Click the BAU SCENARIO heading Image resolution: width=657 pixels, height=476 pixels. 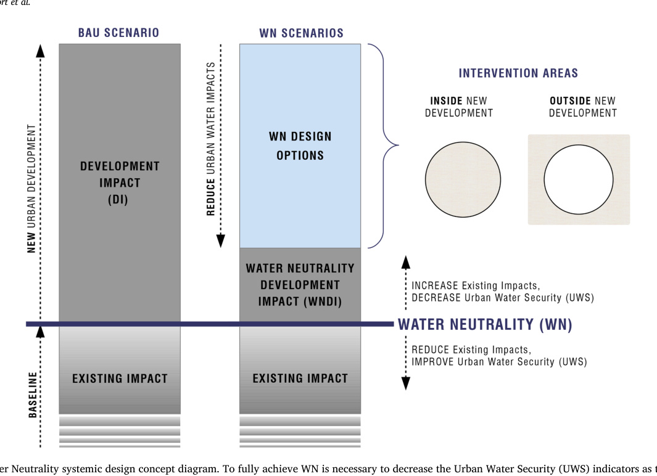(x=118, y=33)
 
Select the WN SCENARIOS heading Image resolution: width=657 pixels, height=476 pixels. (x=301, y=33)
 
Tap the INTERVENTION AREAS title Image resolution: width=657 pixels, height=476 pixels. (x=518, y=73)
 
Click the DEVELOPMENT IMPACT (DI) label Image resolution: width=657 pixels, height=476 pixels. (x=120, y=183)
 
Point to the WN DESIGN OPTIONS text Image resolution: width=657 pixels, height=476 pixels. (x=300, y=146)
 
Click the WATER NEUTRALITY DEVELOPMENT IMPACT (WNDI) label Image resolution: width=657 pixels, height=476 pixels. (x=300, y=285)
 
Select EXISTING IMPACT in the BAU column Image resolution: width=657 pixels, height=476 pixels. (x=120, y=379)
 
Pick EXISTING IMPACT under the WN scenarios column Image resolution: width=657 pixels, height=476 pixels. (x=300, y=379)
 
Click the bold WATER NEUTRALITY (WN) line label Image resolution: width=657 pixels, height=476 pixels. (x=485, y=324)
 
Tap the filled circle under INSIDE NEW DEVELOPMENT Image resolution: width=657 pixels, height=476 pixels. (x=463, y=179)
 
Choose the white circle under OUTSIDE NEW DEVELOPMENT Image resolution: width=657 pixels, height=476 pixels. (x=579, y=179)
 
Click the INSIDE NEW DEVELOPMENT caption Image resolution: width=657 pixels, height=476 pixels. (x=459, y=107)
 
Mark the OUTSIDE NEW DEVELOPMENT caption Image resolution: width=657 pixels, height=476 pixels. (x=583, y=107)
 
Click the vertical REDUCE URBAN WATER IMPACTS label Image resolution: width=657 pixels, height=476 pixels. (x=210, y=139)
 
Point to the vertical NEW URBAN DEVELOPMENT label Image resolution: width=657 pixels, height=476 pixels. (x=31, y=189)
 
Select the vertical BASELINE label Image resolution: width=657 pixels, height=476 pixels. (x=33, y=395)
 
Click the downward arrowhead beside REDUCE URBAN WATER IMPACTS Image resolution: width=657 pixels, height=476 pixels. (x=220, y=240)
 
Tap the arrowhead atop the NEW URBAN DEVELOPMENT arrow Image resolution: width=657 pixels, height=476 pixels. (x=40, y=51)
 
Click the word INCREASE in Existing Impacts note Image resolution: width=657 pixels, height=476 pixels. (x=435, y=285)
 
